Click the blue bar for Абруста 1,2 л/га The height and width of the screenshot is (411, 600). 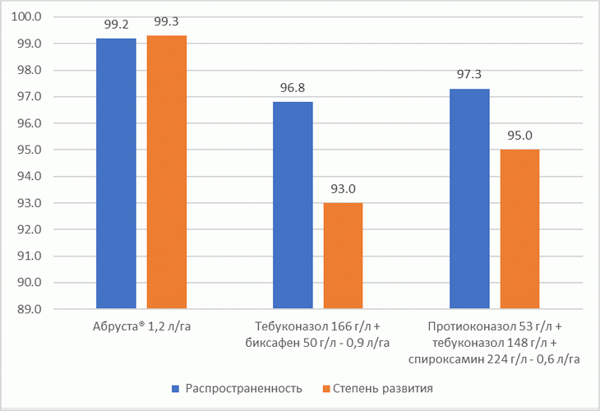point(117,173)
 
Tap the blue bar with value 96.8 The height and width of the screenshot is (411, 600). point(293,205)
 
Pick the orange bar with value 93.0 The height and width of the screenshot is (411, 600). point(343,256)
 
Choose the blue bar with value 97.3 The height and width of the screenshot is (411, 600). point(469,199)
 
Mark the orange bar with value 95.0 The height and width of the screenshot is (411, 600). point(519,229)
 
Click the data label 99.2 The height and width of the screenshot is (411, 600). point(117,25)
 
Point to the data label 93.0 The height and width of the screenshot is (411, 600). point(343,189)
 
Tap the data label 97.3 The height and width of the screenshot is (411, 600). point(469,75)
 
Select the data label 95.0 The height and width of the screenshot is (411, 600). point(519,136)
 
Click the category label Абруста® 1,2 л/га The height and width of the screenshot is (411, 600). point(141,327)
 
